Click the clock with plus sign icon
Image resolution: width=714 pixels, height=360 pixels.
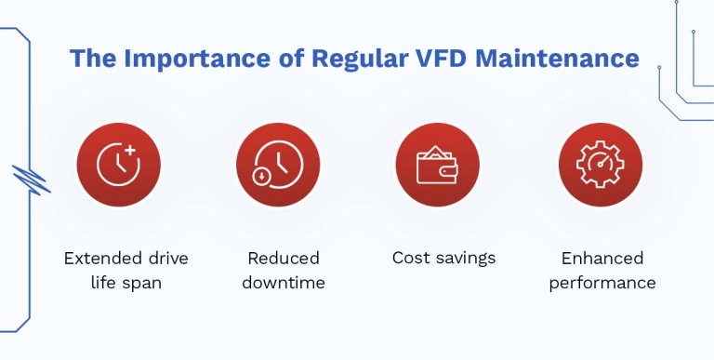tap(118, 165)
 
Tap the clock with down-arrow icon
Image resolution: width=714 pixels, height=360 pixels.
tap(278, 165)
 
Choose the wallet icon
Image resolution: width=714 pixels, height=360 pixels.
tap(437, 165)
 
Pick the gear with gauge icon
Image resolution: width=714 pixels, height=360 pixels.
tap(600, 165)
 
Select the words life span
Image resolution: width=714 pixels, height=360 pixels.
tap(118, 282)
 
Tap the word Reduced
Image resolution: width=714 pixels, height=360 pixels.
tap(283, 258)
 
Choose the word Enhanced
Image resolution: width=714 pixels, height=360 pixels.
tap(602, 258)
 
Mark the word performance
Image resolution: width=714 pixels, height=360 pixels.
tap(602, 282)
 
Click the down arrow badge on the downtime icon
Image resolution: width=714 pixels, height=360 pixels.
tap(261, 175)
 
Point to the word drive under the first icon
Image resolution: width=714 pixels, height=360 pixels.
tap(157, 258)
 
